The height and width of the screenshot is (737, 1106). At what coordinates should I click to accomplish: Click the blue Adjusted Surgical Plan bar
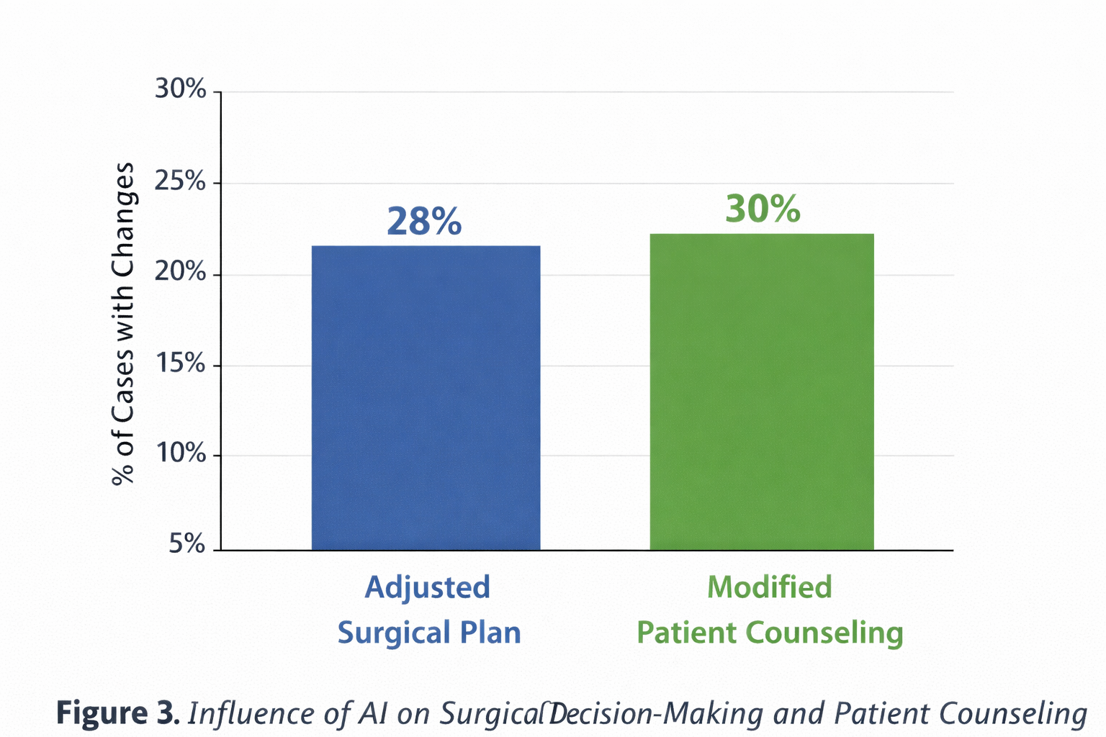(426, 398)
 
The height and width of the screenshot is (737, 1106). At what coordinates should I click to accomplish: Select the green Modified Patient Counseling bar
(762, 392)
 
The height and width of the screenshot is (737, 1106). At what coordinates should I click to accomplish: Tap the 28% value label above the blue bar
(424, 222)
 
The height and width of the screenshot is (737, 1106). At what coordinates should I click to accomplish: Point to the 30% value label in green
(763, 209)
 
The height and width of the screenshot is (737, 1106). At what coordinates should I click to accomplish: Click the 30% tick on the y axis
(181, 90)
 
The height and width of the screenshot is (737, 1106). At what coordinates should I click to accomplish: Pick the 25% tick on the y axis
(181, 181)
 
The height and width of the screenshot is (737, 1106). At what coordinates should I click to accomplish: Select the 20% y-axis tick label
(181, 273)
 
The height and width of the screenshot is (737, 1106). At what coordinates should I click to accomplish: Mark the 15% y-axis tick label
(181, 364)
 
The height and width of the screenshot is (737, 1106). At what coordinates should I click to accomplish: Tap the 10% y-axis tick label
(181, 454)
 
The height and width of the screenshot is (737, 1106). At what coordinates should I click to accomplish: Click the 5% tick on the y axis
(187, 545)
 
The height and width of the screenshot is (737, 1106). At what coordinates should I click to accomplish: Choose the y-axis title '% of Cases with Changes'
(123, 324)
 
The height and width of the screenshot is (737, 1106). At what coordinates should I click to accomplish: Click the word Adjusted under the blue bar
(427, 587)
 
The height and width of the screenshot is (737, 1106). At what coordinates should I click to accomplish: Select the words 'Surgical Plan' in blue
(429, 633)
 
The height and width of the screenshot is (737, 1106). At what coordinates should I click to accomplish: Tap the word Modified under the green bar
(769, 587)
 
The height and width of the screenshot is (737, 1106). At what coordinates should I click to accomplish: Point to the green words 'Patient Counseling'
(770, 633)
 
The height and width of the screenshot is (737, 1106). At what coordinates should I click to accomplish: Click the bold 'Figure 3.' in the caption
(117, 713)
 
